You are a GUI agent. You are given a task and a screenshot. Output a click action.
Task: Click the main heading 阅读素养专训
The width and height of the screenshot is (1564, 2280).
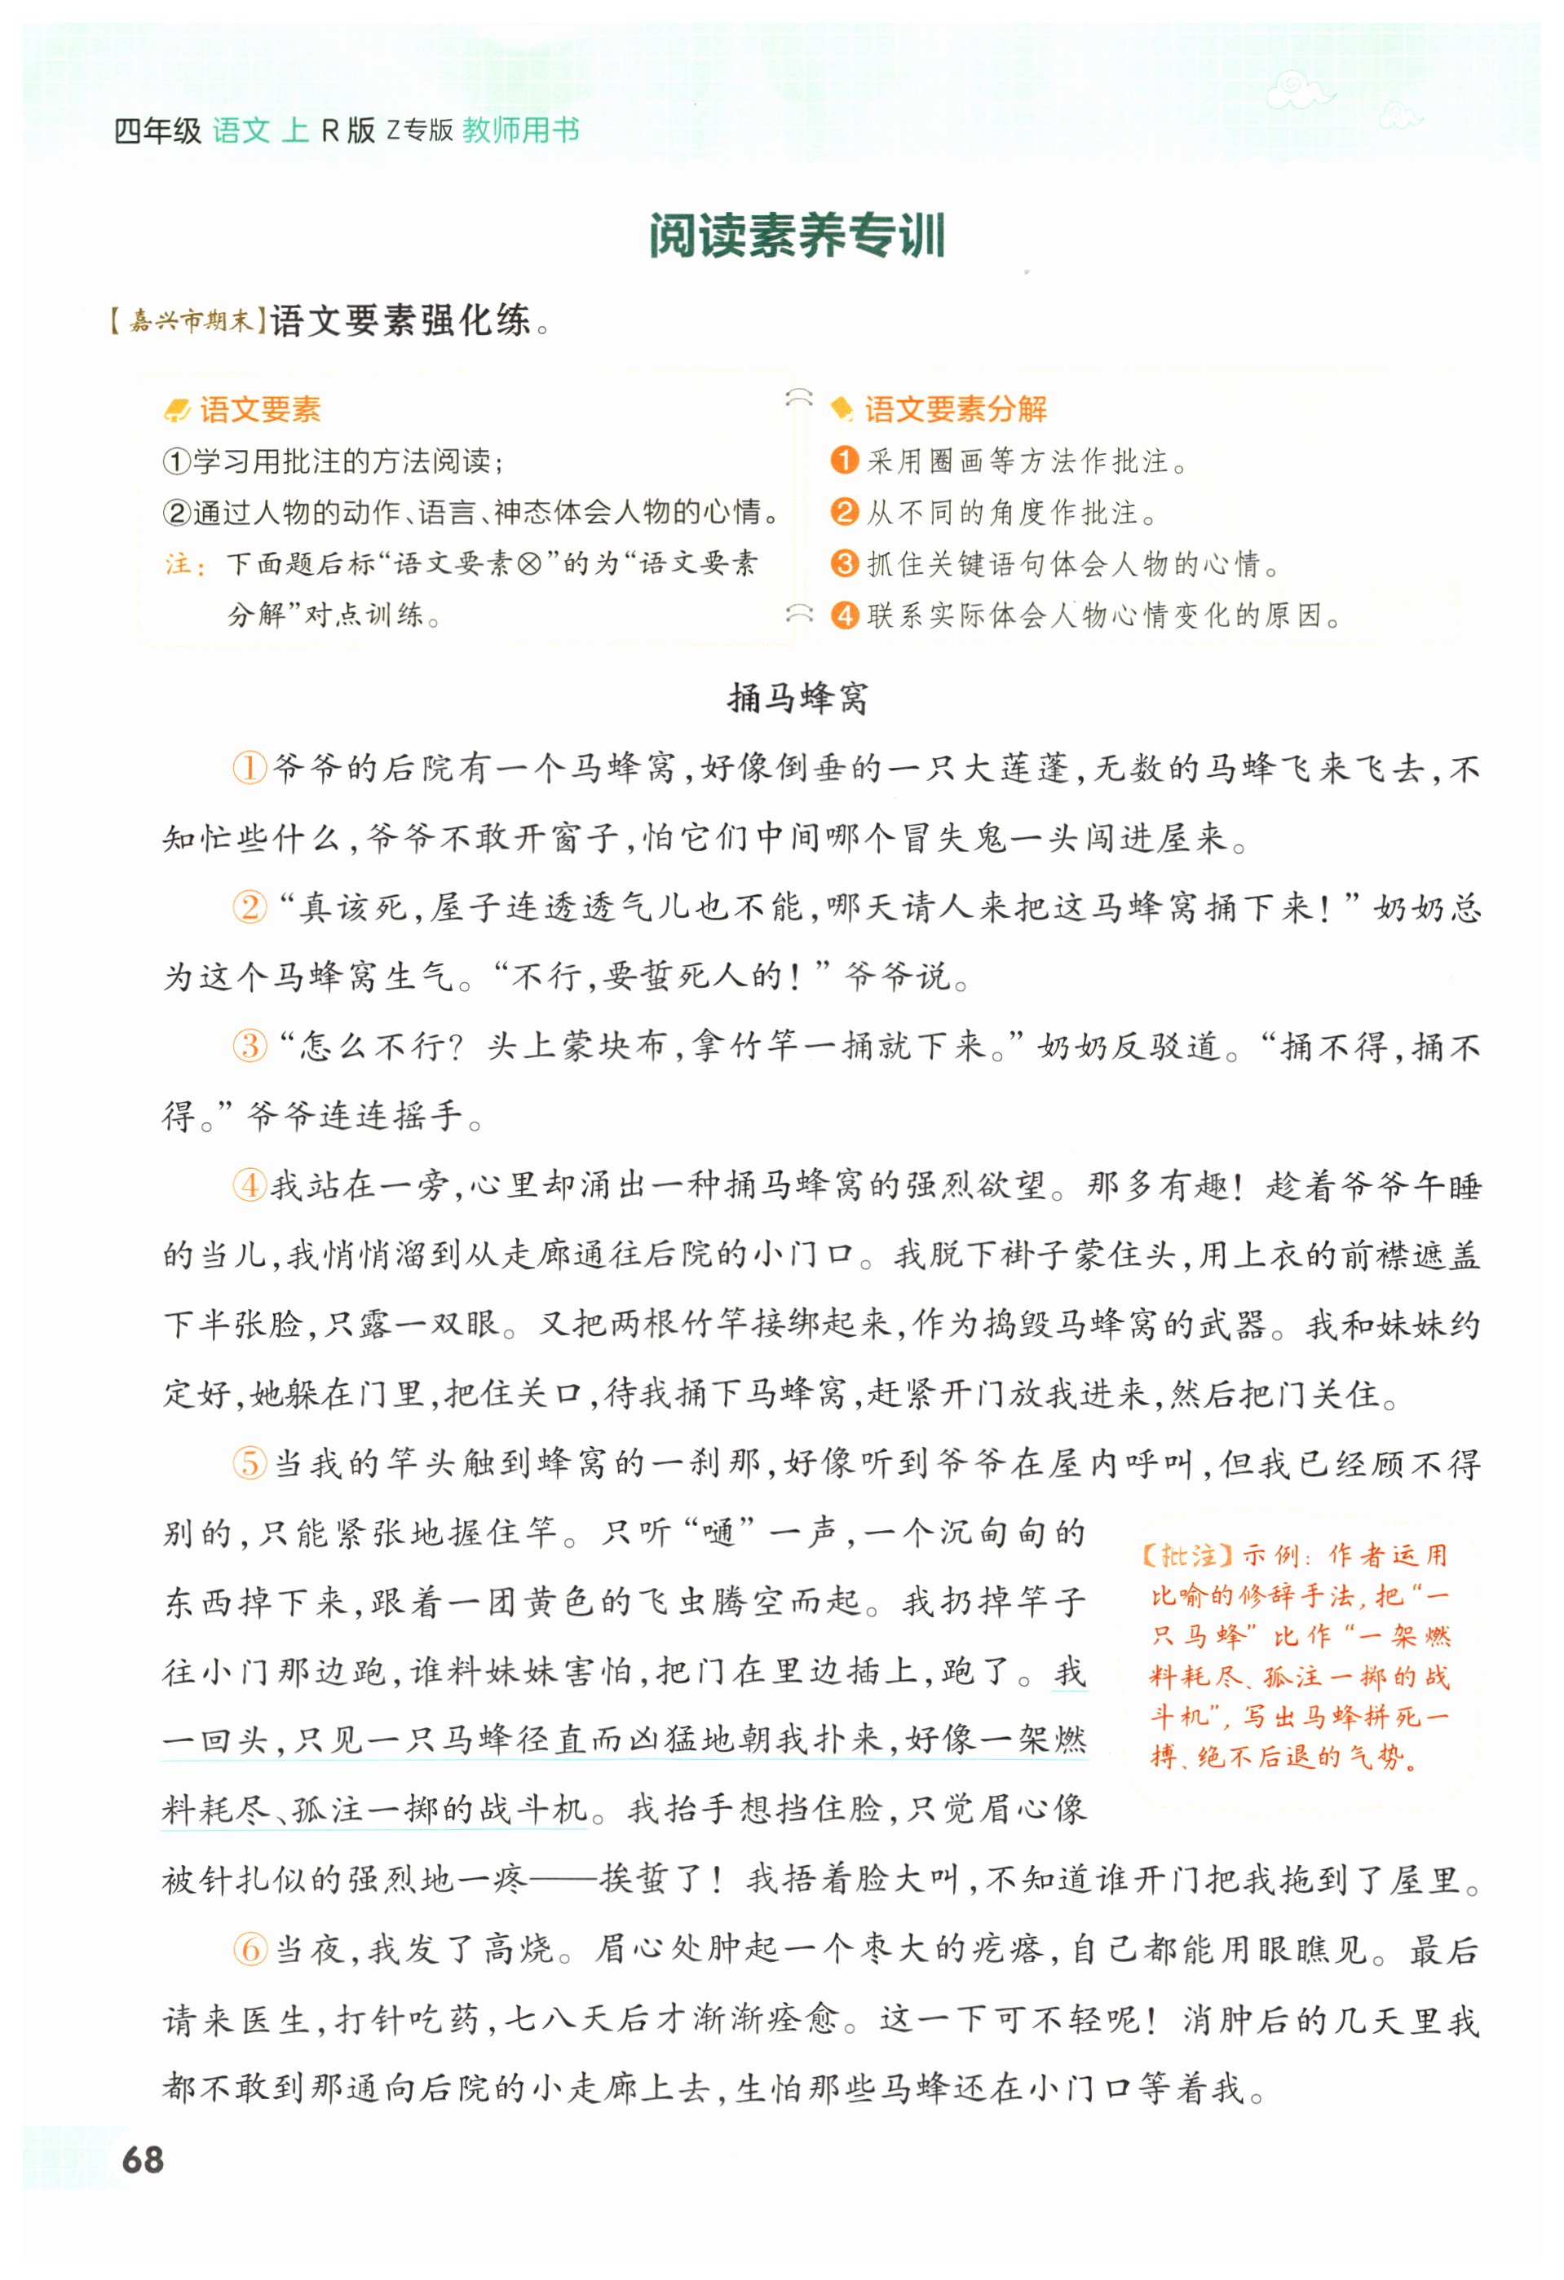(x=796, y=236)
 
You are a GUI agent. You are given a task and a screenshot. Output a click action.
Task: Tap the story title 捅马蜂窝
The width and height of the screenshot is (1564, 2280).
(x=797, y=699)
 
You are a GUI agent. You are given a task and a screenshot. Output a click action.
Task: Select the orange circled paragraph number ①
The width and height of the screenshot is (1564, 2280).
(x=250, y=767)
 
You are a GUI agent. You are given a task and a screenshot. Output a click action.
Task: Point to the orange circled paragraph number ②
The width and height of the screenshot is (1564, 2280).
(x=250, y=906)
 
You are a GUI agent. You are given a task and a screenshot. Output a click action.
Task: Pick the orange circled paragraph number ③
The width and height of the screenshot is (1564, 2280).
(x=250, y=1046)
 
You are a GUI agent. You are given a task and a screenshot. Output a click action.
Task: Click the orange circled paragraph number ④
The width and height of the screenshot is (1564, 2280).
(x=250, y=1185)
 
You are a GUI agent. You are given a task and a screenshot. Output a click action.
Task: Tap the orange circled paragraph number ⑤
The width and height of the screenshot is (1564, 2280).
(x=250, y=1464)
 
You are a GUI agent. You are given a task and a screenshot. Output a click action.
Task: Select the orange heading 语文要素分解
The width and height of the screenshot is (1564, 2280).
(x=955, y=409)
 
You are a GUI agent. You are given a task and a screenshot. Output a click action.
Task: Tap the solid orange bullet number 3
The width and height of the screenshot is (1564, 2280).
(x=844, y=563)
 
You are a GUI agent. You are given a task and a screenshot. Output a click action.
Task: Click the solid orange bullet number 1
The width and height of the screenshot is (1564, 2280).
(x=844, y=460)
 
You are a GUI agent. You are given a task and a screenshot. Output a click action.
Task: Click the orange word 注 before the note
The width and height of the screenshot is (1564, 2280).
(x=179, y=564)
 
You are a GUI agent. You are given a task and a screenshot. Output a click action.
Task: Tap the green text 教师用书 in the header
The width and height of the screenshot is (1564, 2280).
(x=521, y=130)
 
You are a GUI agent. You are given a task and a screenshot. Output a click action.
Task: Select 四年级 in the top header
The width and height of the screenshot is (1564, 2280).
(x=157, y=130)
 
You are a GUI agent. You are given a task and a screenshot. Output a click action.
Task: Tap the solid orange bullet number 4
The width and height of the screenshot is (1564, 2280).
(x=844, y=615)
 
